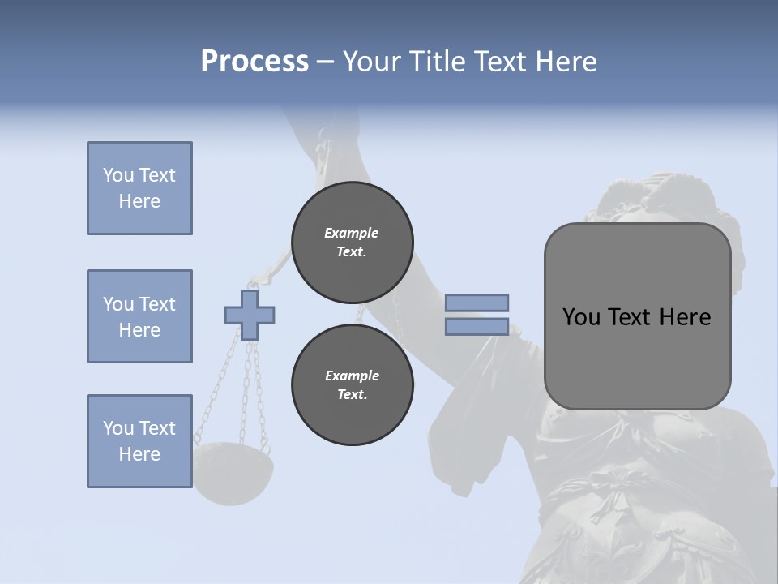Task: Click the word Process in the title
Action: (254, 62)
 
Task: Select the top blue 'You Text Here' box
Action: (139, 188)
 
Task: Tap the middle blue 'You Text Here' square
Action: (139, 316)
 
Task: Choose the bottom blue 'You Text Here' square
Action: (139, 441)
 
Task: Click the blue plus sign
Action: (250, 315)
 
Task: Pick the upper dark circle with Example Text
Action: (353, 242)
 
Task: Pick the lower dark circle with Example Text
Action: (353, 384)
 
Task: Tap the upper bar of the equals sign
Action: (477, 303)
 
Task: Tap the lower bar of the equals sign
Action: (477, 326)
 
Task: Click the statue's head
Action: (640, 203)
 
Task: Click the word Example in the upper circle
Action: (352, 233)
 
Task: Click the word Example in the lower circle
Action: (352, 376)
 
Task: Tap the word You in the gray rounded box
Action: (582, 317)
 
